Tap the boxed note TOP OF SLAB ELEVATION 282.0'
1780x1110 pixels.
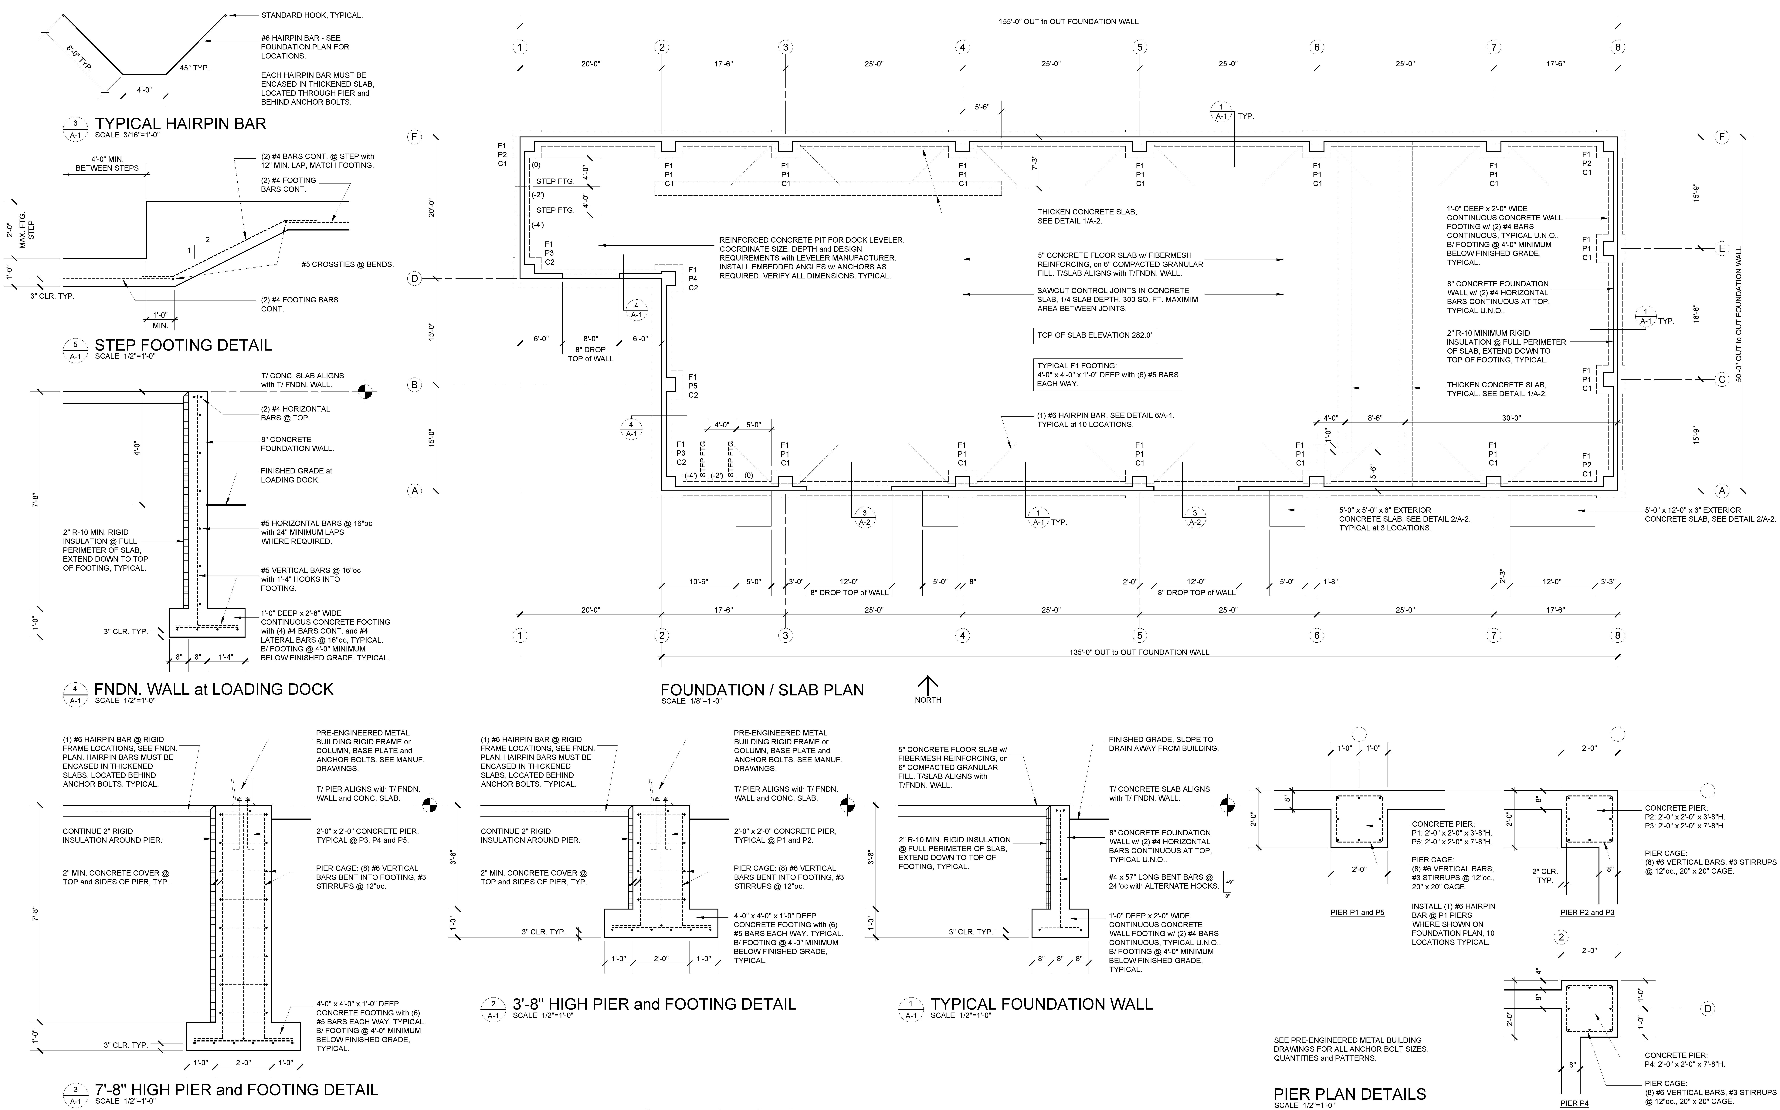[1094, 335]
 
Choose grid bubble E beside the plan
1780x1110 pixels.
[1721, 248]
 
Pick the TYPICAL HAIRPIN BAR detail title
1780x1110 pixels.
[180, 123]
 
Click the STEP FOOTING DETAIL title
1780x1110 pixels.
[183, 345]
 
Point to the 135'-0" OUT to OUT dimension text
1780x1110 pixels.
[1139, 652]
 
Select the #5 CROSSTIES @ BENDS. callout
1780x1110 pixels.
[347, 264]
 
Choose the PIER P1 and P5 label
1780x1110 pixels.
[1357, 913]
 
